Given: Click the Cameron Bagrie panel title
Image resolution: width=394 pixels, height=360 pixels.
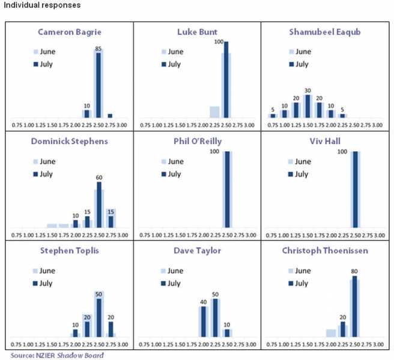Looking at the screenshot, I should click(x=70, y=32).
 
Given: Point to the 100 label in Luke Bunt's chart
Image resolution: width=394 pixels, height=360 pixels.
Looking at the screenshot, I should click(x=219, y=42).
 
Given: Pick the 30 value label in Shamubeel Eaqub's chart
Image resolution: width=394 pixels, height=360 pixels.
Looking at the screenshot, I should click(x=308, y=91).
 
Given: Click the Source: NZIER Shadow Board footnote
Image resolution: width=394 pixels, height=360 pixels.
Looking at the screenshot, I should click(x=52, y=355).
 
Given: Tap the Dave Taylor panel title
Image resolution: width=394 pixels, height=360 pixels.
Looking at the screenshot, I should click(x=197, y=250).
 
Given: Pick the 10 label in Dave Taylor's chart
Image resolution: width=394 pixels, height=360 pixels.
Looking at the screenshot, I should click(x=226, y=325).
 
